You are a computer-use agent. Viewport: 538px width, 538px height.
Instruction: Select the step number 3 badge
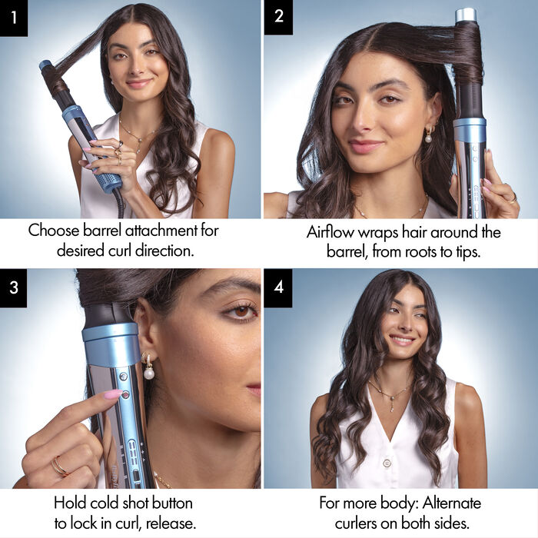coord(14,287)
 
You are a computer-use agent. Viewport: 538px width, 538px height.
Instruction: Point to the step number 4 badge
coord(277,287)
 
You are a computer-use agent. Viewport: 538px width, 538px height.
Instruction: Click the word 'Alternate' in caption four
coord(449,503)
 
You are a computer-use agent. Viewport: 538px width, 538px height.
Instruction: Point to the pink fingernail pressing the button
coord(112,394)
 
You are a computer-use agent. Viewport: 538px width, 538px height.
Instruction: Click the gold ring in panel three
coord(58,466)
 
